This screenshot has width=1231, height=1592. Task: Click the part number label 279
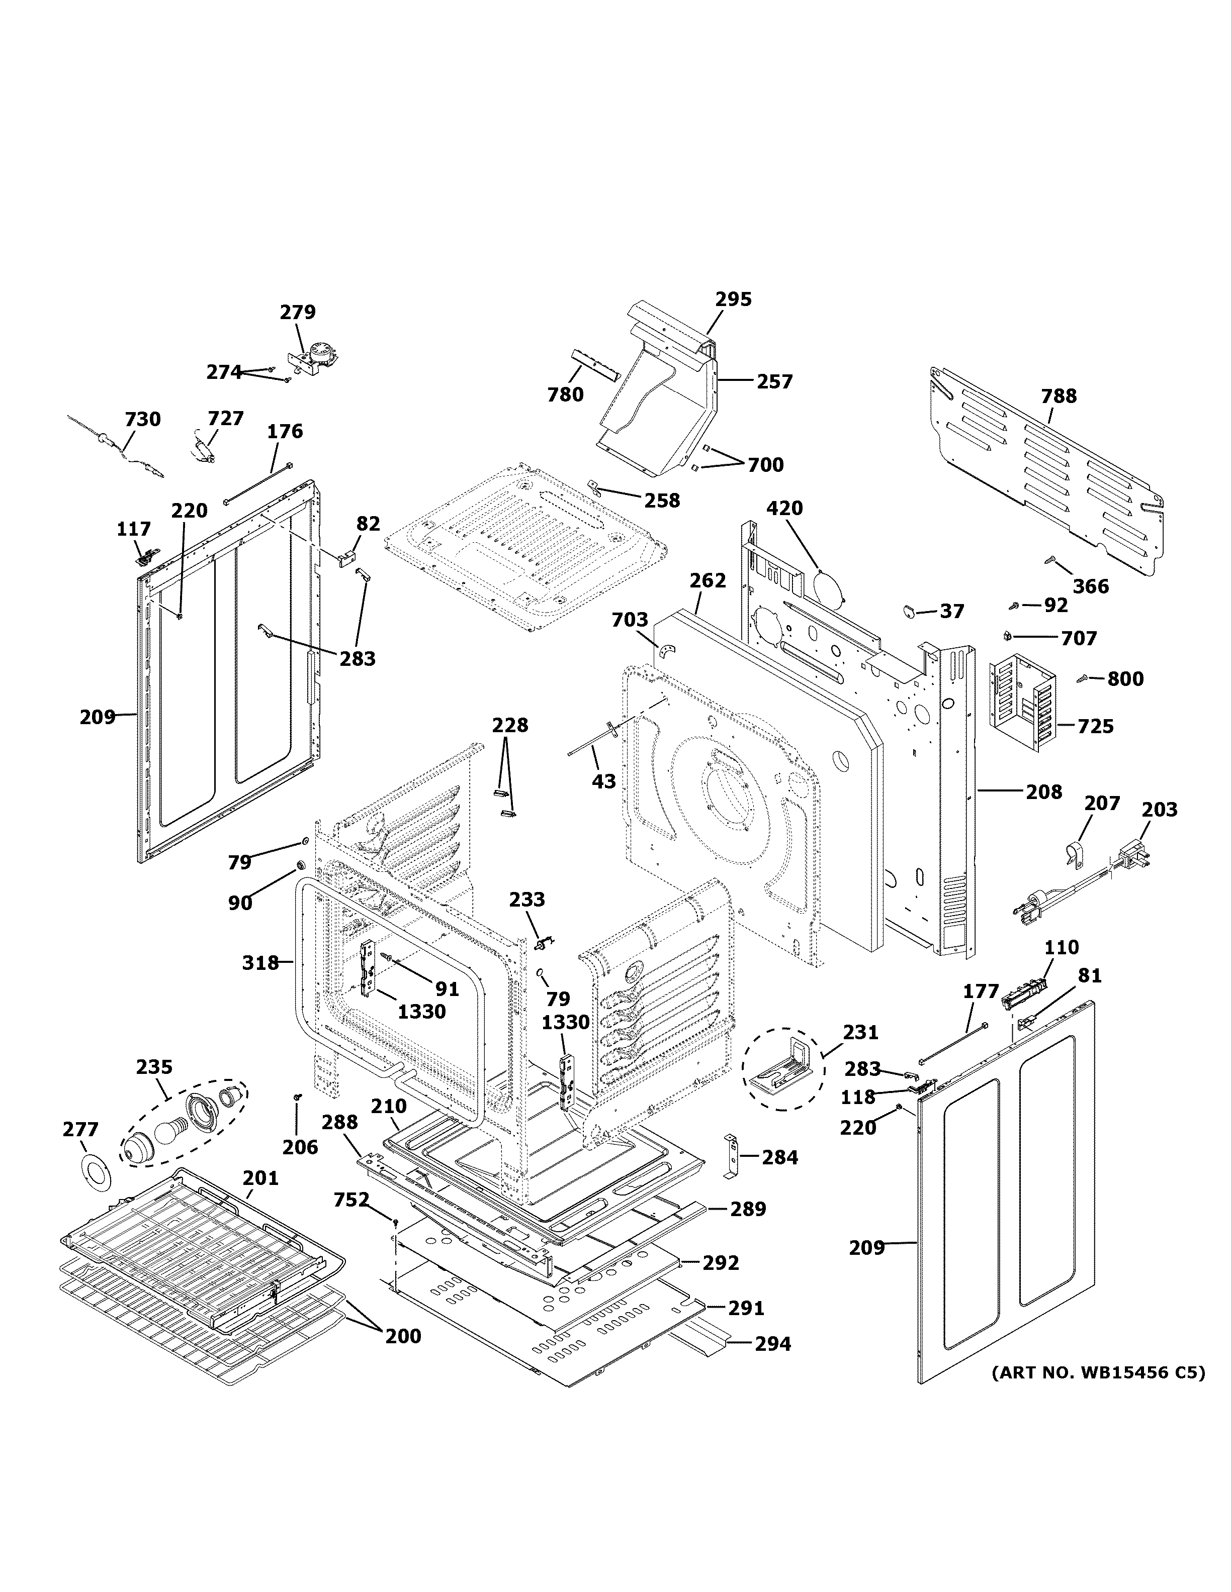[x=298, y=312]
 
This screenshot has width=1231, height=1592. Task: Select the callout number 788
[x=1058, y=396]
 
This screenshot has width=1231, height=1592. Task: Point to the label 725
[x=1095, y=726]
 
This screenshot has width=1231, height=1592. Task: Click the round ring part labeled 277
[x=93, y=1172]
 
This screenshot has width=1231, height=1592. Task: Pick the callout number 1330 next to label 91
[x=421, y=1011]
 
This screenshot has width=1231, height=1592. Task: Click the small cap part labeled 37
[x=911, y=610]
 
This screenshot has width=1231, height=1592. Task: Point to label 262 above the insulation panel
[x=708, y=580]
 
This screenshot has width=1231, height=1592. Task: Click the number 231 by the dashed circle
[x=860, y=1032]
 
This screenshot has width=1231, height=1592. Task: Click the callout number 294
[x=772, y=1343]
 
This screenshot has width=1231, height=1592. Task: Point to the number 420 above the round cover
[x=784, y=508]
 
